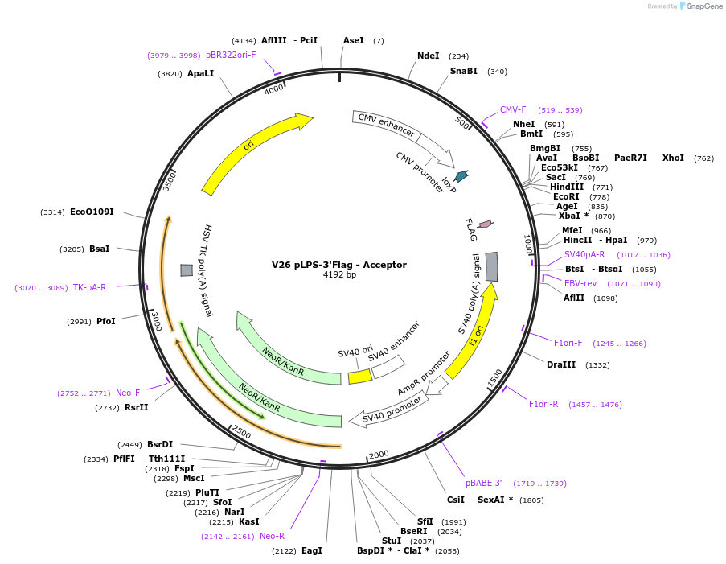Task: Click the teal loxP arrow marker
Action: [461, 175]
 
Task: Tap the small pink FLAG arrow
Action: [486, 224]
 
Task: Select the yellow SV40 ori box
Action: [359, 376]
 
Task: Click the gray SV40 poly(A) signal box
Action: [492, 266]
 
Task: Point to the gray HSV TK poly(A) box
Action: [186, 270]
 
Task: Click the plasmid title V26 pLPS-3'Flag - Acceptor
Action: [339, 265]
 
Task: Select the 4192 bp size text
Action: [339, 275]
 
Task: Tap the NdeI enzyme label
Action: [429, 56]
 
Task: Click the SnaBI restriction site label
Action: [464, 71]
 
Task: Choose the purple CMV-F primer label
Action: [513, 110]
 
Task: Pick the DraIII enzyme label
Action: [561, 365]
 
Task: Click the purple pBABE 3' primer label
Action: [484, 484]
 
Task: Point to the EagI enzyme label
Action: [311, 551]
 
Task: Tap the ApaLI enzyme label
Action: [201, 73]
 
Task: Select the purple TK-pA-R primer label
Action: [89, 288]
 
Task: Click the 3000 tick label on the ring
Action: [156, 322]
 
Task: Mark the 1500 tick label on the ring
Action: [495, 376]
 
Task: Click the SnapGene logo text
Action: [702, 6]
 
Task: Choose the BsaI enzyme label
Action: [100, 249]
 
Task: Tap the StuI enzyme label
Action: [392, 541]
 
